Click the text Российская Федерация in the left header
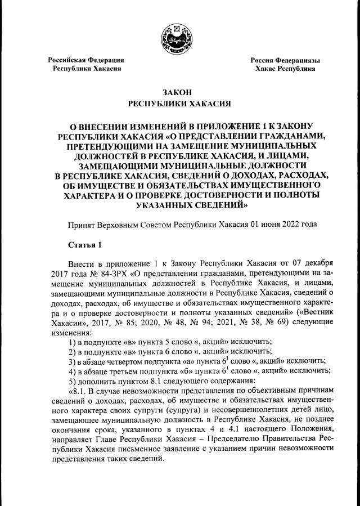(x=85, y=60)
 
